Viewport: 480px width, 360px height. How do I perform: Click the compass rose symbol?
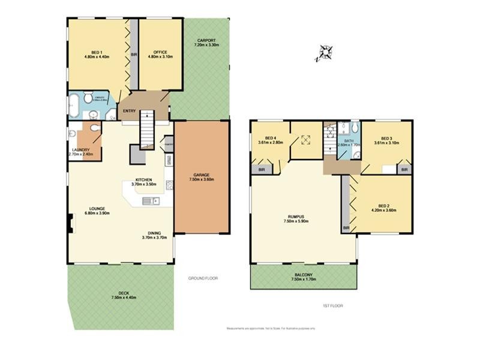(325, 53)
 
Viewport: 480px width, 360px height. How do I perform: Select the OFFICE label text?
(160, 52)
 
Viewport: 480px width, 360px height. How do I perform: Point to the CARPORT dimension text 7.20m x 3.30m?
(206, 45)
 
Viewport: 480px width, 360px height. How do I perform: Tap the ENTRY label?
(129, 111)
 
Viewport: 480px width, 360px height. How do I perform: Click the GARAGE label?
(202, 173)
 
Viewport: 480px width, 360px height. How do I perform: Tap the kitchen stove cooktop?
(169, 185)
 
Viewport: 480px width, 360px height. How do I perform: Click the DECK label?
(124, 293)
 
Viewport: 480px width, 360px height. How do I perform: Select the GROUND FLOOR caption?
(203, 278)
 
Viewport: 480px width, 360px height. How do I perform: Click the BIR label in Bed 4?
(262, 170)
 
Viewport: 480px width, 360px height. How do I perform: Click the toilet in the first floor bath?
(354, 128)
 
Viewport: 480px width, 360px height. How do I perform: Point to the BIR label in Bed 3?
(404, 170)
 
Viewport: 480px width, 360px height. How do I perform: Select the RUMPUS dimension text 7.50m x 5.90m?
(296, 221)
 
